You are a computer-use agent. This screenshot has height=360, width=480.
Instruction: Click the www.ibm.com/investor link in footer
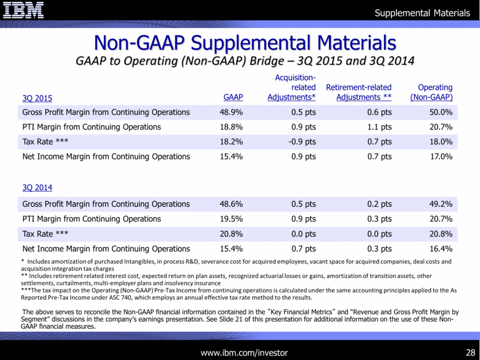(243, 352)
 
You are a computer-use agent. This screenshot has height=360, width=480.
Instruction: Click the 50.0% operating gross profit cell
(441, 112)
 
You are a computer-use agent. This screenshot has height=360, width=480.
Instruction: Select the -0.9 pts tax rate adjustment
(301, 142)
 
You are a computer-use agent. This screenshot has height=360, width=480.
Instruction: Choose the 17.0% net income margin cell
(441, 157)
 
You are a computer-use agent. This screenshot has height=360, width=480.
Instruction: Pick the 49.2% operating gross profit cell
(441, 204)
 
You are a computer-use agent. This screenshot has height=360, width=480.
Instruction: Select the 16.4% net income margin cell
(441, 249)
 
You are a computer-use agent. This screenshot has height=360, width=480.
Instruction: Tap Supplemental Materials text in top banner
(423, 13)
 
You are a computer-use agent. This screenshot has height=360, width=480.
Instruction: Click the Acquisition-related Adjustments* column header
(291, 87)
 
